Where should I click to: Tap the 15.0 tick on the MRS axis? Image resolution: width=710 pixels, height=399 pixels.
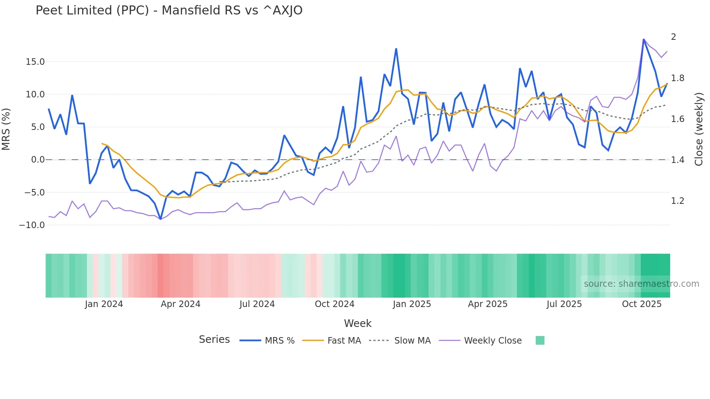(x=35, y=62)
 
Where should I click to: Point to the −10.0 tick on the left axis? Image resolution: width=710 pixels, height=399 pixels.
(x=32, y=225)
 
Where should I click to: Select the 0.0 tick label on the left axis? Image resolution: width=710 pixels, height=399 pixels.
(x=38, y=160)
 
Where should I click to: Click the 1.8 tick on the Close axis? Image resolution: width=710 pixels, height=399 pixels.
(x=677, y=78)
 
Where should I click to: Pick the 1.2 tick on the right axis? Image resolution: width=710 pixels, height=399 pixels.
(x=677, y=201)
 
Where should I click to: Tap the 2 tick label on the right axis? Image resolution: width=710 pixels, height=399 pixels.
(x=673, y=37)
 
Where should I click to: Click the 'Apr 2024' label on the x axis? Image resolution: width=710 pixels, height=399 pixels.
(x=180, y=304)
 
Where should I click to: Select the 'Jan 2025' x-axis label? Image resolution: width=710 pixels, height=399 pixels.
(x=412, y=304)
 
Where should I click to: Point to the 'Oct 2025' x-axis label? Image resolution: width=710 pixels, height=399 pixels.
(x=642, y=304)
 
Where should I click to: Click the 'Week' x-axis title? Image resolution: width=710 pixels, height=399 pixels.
(x=358, y=323)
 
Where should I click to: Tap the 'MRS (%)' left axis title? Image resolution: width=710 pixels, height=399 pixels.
(x=6, y=129)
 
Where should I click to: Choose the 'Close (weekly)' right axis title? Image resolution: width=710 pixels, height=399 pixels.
(x=699, y=129)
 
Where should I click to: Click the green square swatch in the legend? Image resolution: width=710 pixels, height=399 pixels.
(x=540, y=340)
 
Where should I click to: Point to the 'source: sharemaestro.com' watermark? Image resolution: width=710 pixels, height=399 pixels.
(x=641, y=284)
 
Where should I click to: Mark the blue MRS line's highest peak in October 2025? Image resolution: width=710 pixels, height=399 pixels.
(x=644, y=39)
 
